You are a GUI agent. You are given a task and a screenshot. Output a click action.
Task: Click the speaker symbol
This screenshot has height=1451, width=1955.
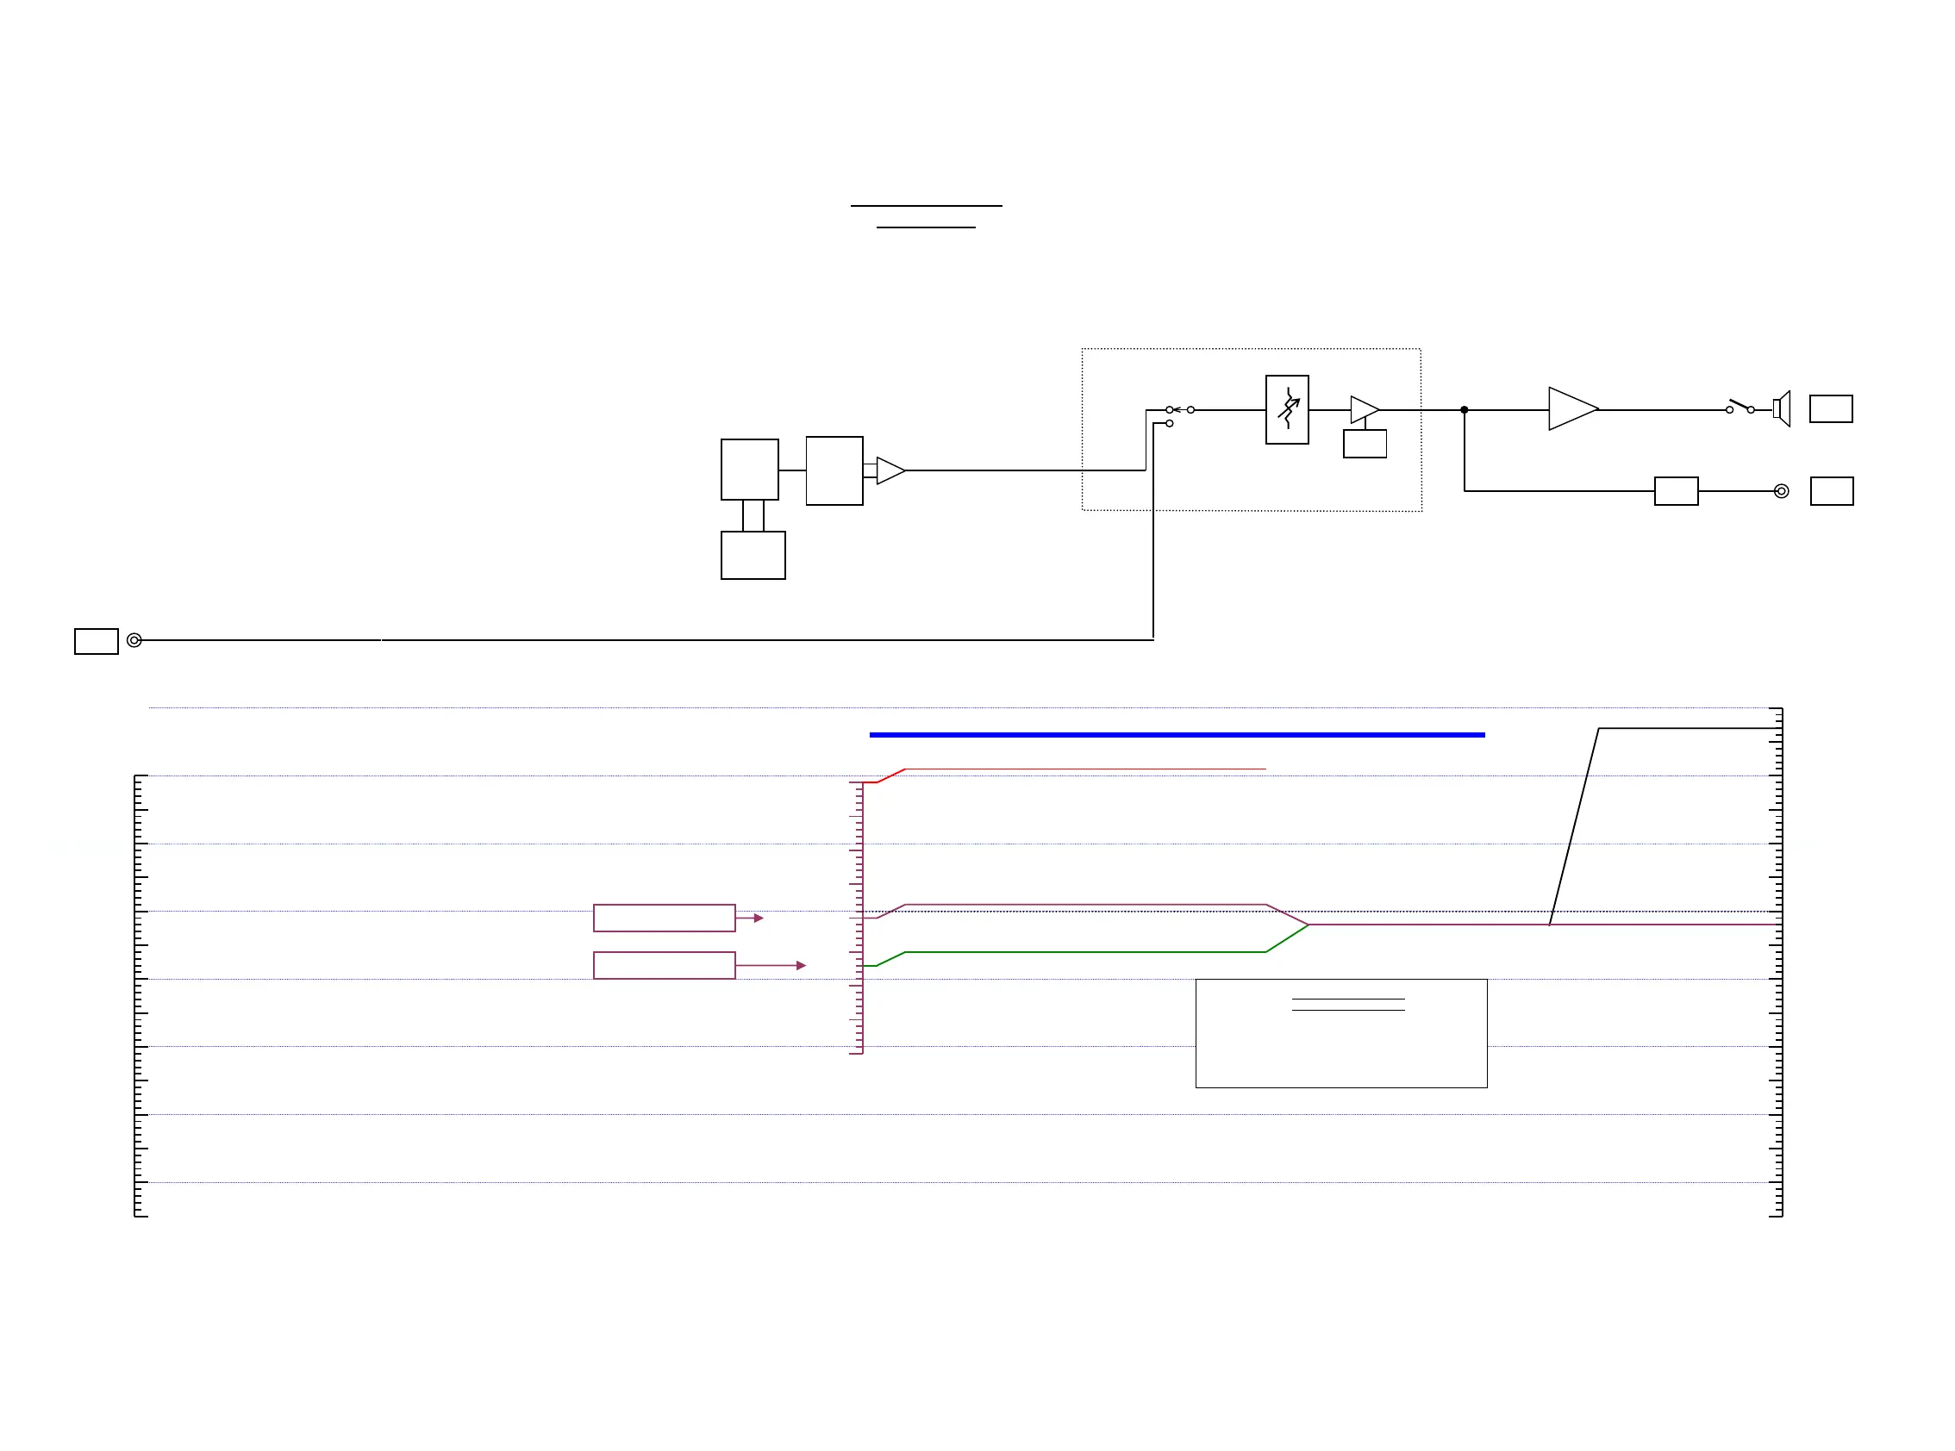pos(1782,409)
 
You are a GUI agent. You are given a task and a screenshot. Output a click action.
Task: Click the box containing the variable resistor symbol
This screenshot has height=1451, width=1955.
pos(1286,409)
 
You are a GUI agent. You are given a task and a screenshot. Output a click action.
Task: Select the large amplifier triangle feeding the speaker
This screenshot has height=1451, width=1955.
pos(1571,409)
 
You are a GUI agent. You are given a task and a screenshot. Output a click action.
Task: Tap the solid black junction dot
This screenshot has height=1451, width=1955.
pos(1464,410)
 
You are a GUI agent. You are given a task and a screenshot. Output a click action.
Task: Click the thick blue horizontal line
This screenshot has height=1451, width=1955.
pos(1177,734)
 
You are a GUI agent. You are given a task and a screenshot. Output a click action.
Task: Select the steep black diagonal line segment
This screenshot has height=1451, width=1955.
pos(1574,825)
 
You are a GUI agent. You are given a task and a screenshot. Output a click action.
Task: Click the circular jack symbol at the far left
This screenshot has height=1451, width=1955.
pos(134,640)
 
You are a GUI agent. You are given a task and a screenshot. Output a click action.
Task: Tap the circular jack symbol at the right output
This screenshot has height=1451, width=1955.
pos(1781,491)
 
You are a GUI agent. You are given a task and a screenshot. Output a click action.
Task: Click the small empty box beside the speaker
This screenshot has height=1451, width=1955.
pos(1831,409)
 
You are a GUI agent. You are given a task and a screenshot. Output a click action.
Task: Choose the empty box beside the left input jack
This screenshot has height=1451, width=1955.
pos(96,641)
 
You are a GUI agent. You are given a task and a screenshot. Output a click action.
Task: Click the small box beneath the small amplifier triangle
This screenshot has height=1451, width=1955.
pos(1365,444)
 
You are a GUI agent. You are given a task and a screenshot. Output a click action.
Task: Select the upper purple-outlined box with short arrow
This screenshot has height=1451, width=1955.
pos(665,918)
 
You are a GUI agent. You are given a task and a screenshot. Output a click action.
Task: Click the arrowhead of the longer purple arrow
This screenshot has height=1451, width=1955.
pos(801,965)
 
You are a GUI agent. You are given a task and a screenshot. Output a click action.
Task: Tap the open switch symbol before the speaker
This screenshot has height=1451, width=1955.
pos(1740,408)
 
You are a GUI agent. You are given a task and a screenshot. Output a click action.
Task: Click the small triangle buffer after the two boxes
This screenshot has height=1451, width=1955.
pos(890,470)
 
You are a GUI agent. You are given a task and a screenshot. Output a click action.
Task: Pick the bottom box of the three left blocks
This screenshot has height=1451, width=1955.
pos(753,555)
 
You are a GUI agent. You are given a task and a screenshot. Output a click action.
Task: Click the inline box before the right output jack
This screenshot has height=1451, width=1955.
pos(1676,491)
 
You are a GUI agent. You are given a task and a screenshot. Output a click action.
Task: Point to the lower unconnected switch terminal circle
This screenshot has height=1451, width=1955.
pos(1170,423)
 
